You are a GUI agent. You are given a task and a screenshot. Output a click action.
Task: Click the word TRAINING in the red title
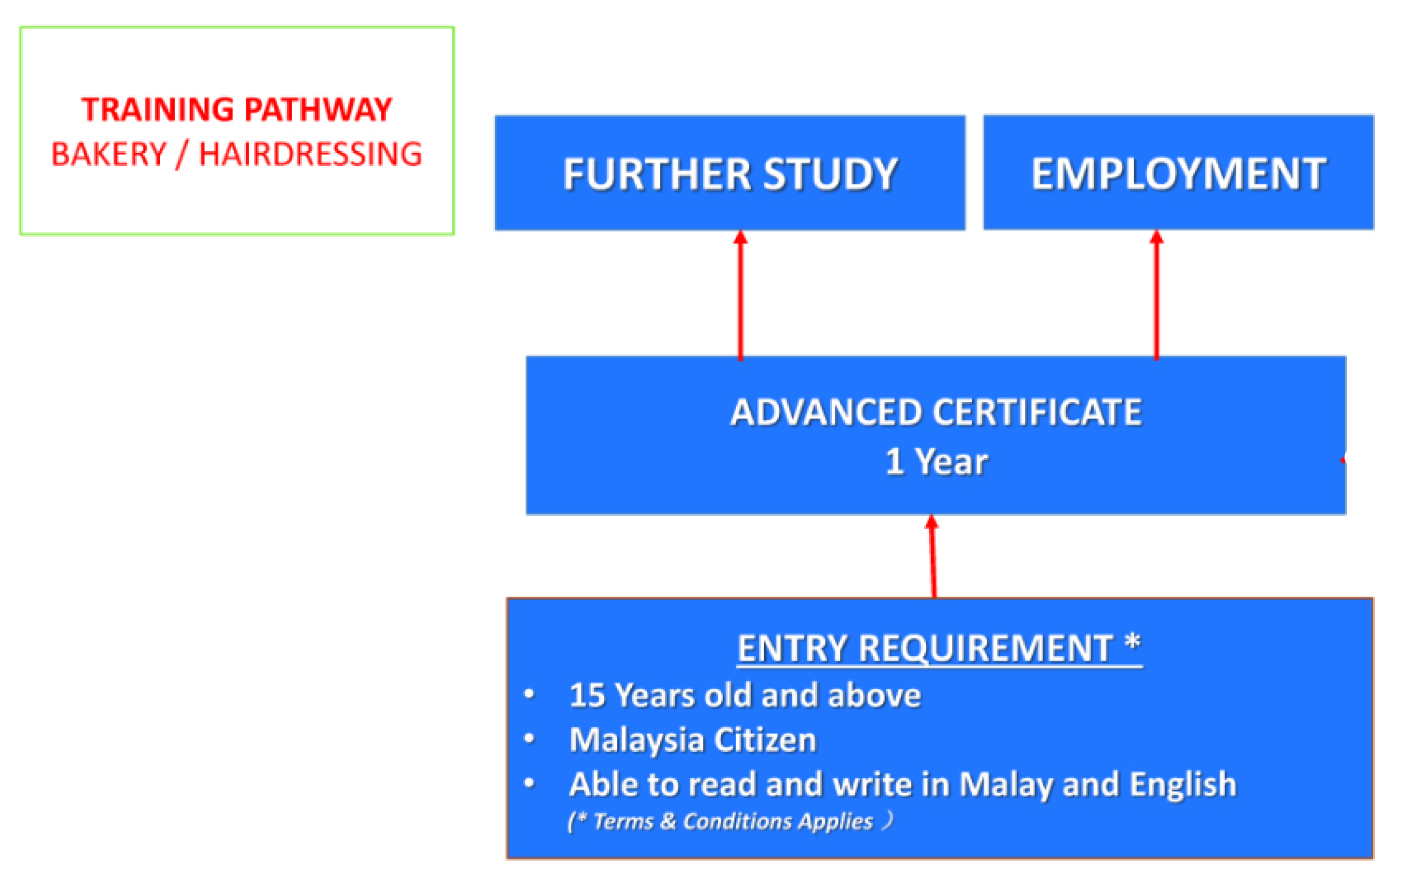click(158, 109)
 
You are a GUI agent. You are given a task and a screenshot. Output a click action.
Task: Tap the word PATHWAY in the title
click(318, 109)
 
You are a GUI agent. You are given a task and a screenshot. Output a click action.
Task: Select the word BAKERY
click(109, 154)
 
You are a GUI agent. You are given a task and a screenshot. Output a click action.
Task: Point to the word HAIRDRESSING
click(311, 154)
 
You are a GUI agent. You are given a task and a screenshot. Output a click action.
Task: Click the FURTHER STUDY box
click(730, 173)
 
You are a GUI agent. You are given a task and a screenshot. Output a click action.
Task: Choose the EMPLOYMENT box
click(1178, 172)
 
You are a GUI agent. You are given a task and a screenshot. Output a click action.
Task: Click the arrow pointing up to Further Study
click(741, 295)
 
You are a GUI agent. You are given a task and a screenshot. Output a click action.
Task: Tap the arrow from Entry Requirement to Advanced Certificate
click(933, 556)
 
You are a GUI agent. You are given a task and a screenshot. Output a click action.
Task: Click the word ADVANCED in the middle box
click(827, 412)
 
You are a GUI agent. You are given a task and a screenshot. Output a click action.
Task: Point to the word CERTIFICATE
click(1037, 412)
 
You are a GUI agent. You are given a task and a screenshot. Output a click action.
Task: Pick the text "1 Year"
click(936, 462)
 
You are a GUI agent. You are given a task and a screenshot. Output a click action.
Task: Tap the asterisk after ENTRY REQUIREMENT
click(1133, 642)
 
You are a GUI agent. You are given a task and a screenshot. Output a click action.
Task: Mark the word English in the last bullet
click(1182, 786)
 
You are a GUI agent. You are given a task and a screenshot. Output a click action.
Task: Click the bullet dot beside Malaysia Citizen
click(529, 739)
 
